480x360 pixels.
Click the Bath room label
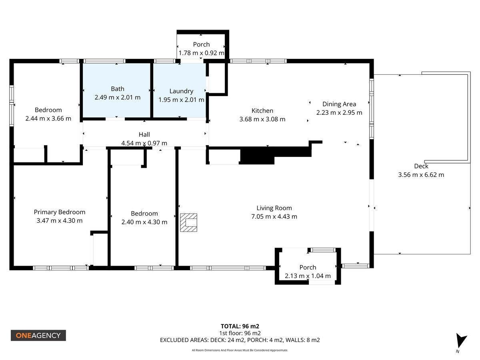click(118, 89)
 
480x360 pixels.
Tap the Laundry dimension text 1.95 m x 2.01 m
click(181, 100)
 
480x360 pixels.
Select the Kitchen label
click(262, 111)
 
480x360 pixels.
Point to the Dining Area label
click(339, 104)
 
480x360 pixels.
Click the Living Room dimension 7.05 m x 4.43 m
click(274, 217)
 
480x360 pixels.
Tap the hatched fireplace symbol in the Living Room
click(188, 222)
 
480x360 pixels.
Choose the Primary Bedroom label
click(60, 212)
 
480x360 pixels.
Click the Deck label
click(421, 166)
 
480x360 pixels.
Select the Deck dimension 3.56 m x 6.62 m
click(421, 175)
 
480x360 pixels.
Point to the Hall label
click(144, 134)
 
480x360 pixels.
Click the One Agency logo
click(38, 335)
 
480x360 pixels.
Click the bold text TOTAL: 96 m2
click(240, 326)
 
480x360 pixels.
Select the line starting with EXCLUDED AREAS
click(240, 340)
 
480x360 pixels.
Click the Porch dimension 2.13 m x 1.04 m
click(308, 276)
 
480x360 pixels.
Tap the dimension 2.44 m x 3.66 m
click(48, 119)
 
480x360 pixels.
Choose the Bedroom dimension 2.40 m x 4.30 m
click(144, 222)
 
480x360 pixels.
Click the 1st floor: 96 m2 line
click(240, 333)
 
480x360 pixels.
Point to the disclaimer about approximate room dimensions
click(240, 350)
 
